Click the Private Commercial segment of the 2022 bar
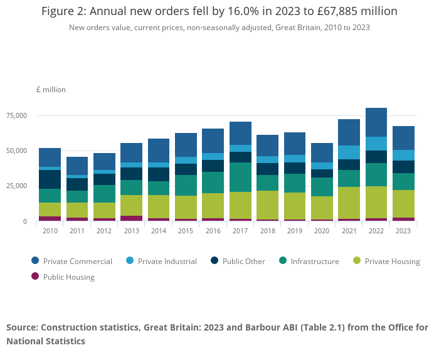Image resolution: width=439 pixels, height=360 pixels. [376, 122]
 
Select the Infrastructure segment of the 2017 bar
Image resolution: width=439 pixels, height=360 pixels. [240, 177]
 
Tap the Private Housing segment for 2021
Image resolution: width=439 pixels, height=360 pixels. [349, 203]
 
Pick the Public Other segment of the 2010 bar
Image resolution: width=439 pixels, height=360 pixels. [50, 179]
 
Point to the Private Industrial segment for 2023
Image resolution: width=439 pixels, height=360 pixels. [403, 156]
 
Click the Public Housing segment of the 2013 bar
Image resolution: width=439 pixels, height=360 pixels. [131, 218]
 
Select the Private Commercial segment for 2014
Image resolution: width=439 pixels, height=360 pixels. [159, 151]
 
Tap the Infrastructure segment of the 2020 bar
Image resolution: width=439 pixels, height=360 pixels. [322, 187]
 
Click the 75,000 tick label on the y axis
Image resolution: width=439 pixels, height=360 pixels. [17, 115]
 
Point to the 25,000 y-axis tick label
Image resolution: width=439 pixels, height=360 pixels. [17, 186]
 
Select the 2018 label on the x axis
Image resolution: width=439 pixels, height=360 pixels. [268, 231]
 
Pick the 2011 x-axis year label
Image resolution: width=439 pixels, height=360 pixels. [77, 231]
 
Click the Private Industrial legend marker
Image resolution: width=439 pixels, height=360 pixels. [130, 261]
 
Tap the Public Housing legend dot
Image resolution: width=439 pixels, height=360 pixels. [35, 277]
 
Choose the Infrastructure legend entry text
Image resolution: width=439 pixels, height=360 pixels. [315, 262]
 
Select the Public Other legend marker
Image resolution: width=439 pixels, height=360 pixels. [214, 261]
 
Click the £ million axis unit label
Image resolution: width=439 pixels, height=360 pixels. [51, 90]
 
